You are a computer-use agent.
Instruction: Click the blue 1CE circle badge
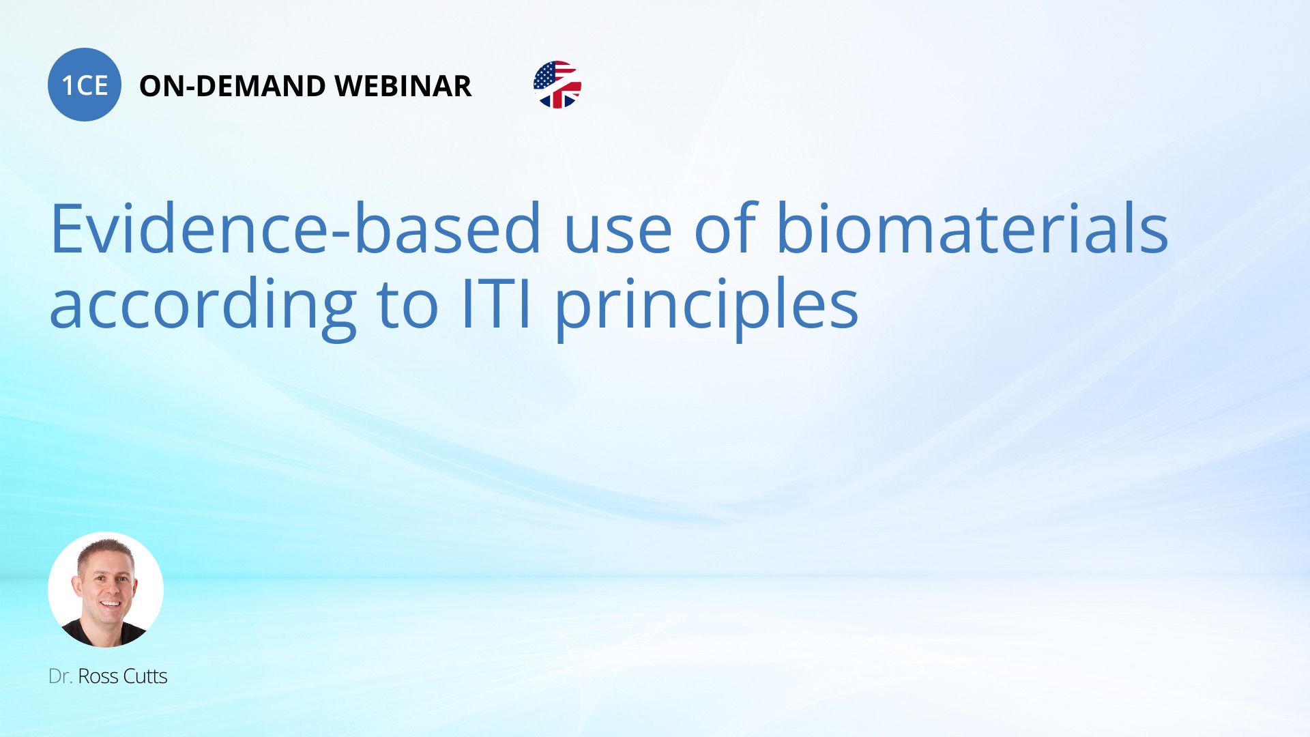tap(85, 85)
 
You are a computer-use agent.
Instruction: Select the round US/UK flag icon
tap(557, 85)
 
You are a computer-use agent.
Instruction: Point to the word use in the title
tap(617, 235)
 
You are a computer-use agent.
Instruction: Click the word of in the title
tap(725, 227)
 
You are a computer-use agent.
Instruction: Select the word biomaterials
tap(972, 227)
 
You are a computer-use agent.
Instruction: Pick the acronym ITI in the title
tap(495, 304)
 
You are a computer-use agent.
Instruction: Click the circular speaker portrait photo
tap(106, 590)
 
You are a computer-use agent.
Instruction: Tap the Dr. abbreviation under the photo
tap(60, 676)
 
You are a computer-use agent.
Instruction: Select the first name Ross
tap(98, 676)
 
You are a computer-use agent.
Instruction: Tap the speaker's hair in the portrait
tap(106, 548)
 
